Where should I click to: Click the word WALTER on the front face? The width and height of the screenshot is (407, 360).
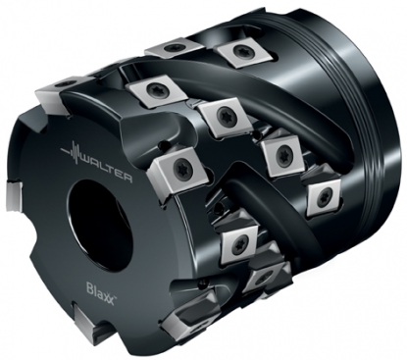point(105,169)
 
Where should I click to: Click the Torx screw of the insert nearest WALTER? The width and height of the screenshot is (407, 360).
point(181,167)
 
